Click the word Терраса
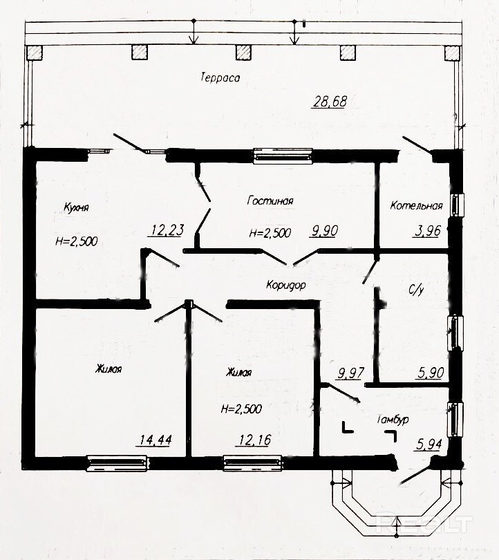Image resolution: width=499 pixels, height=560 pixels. click(220, 77)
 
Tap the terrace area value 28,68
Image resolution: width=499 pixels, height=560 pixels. click(330, 102)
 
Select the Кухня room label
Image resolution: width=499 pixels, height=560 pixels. click(76, 207)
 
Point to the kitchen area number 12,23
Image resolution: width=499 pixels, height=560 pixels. click(166, 230)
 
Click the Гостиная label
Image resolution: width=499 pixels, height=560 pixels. click(270, 200)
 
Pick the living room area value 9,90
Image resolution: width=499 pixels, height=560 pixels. click(323, 231)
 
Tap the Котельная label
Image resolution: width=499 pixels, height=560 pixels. click(416, 206)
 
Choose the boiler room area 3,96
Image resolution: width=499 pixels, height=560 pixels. click(427, 231)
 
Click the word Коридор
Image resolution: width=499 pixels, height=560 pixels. click(286, 285)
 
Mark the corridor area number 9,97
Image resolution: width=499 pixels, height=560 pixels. click(350, 373)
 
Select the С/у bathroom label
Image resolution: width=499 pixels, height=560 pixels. click(416, 290)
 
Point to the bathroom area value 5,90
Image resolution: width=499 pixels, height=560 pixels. click(430, 373)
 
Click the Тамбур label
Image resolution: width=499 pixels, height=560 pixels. click(393, 420)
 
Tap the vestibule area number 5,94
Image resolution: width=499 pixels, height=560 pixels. click(429, 445)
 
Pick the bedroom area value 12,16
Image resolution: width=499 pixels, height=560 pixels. click(253, 440)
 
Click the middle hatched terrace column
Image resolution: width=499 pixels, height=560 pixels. click(243, 53)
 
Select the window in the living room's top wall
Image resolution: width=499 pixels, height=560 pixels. click(283, 156)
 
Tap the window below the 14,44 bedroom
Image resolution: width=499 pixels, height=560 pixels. click(117, 463)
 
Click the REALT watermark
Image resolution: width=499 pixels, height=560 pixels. click(424, 523)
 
